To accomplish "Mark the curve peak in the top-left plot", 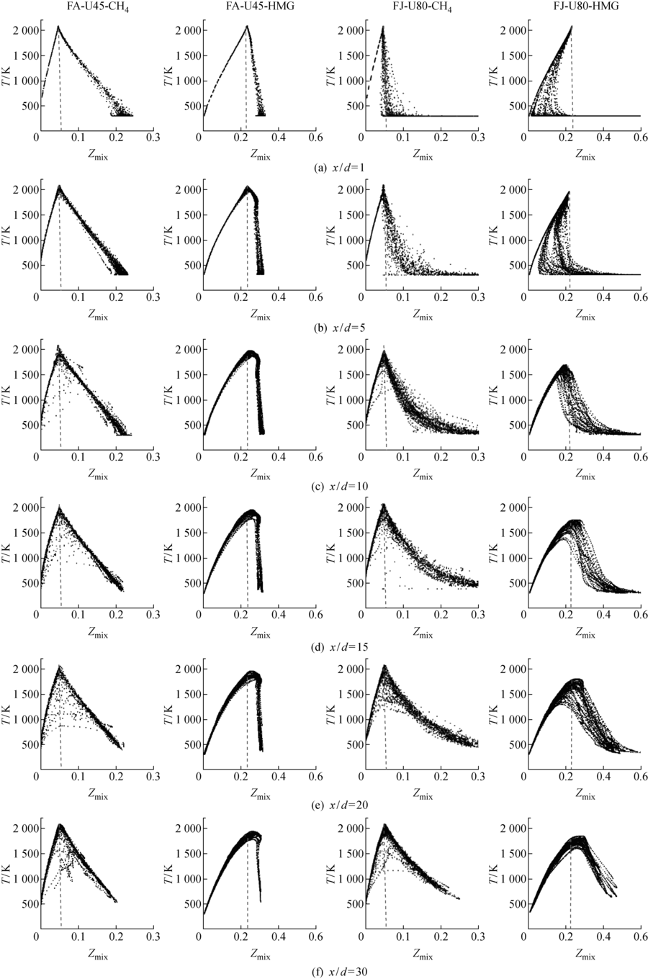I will [58, 27].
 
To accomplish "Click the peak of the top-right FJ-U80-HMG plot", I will [572, 27].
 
